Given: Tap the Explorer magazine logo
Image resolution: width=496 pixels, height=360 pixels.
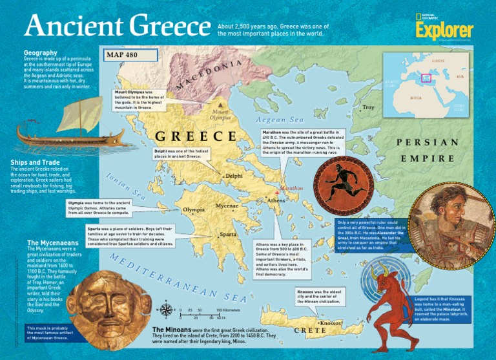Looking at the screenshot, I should coord(444,31).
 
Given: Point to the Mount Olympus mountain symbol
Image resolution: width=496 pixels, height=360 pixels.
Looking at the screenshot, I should coord(221,104).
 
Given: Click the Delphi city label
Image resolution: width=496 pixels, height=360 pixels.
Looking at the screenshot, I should coord(234,176).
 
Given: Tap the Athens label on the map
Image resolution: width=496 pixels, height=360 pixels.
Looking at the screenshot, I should coord(276,201).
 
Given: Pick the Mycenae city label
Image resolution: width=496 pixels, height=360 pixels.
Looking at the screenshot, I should coord(227,206).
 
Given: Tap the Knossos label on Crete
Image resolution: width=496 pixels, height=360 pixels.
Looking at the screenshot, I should coord(330,323).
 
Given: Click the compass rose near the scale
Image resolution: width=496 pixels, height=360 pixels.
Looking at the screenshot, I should coord(166,312).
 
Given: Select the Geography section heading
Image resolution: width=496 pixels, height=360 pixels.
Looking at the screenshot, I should coord(41,52).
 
